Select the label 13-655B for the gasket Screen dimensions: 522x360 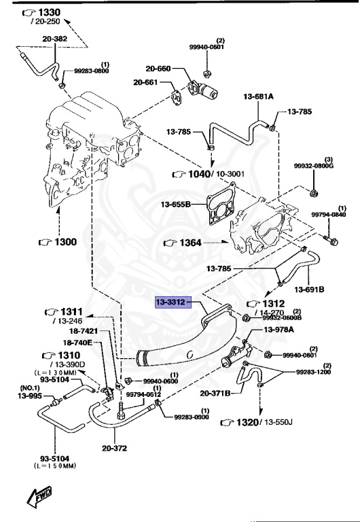tap(176, 204)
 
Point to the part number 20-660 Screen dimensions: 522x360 tap(159, 69)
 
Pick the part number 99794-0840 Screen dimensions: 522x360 tap(329, 215)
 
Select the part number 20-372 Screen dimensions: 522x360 tap(115, 448)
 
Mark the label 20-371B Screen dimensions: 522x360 tap(215, 393)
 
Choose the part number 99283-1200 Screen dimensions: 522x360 tap(314, 372)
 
